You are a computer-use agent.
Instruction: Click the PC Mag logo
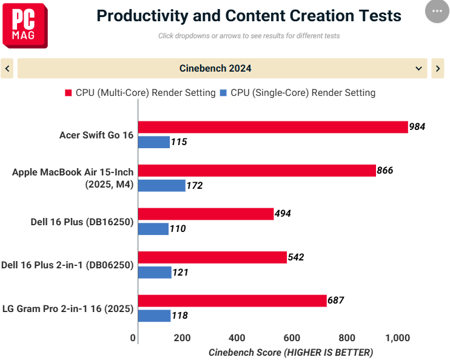pyautogui.click(x=25, y=25)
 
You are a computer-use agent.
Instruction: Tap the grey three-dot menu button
pyautogui.click(x=437, y=11)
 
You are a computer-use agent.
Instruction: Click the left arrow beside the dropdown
pyautogui.click(x=7, y=69)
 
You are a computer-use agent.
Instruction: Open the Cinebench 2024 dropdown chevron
pyautogui.click(x=418, y=69)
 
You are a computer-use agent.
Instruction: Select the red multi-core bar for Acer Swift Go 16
pyautogui.click(x=273, y=127)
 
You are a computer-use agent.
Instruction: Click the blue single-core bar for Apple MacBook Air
pyautogui.click(x=161, y=186)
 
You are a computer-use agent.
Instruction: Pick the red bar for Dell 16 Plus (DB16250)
pyautogui.click(x=206, y=214)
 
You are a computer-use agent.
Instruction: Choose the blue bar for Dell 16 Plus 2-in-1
pyautogui.click(x=155, y=273)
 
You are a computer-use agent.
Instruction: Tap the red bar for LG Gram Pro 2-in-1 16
pyautogui.click(x=232, y=301)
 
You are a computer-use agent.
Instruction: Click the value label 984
pyautogui.click(x=417, y=127)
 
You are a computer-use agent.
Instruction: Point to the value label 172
pyautogui.click(x=195, y=186)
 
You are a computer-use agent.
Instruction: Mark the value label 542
pyautogui.click(x=296, y=257)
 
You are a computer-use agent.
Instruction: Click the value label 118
pyautogui.click(x=180, y=316)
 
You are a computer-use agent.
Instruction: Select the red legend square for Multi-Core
pyautogui.click(x=69, y=93)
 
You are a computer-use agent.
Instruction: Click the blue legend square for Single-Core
pyautogui.click(x=223, y=93)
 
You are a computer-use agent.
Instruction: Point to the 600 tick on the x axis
pyautogui.click(x=292, y=338)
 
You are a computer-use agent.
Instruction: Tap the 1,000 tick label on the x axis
pyautogui.click(x=397, y=338)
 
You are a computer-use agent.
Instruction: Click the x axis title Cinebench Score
pyautogui.click(x=245, y=352)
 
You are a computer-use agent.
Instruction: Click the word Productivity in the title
pyautogui.click(x=143, y=16)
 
